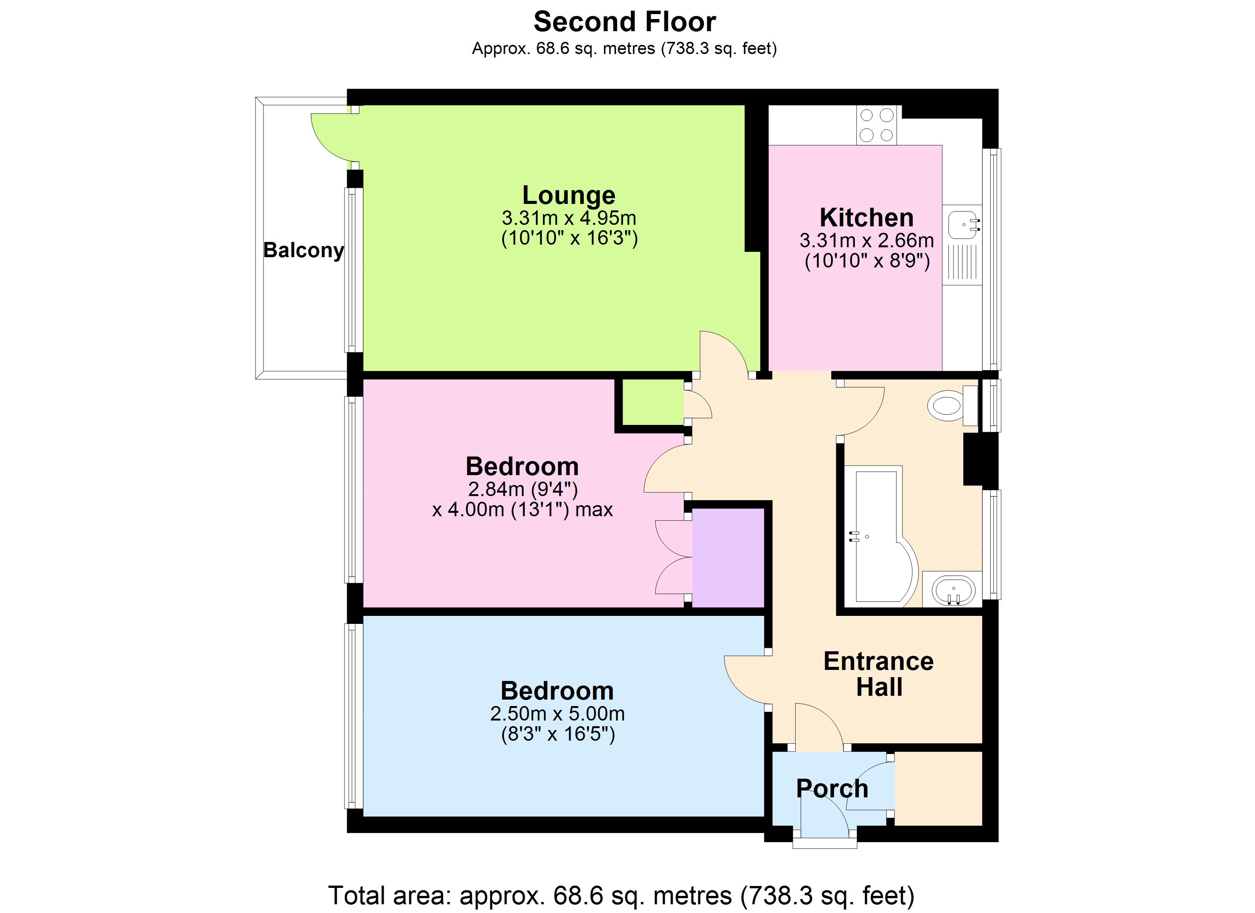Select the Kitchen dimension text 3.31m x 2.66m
[x=867, y=241]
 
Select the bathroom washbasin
[x=953, y=590]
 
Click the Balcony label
[x=303, y=250]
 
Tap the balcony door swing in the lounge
[x=332, y=136]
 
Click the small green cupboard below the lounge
[x=653, y=402]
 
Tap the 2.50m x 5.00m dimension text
[x=557, y=714]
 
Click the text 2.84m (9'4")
[x=523, y=489]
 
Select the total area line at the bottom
[x=621, y=895]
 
